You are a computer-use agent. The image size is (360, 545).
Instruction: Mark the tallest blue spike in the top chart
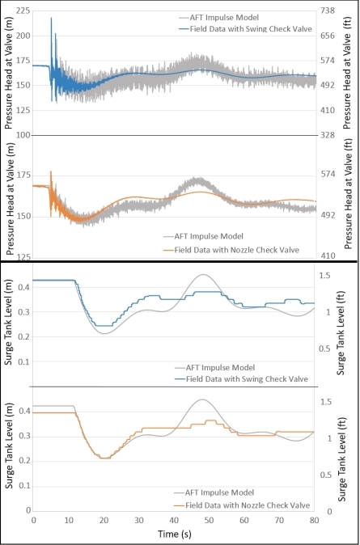52,19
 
